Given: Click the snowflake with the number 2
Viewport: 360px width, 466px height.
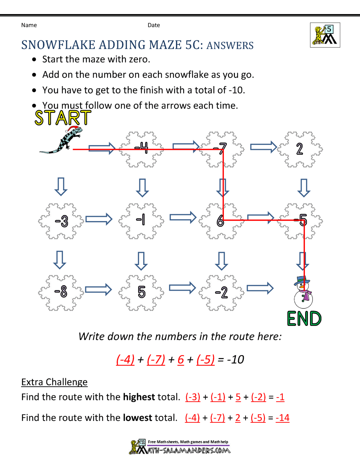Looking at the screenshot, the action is pos(300,149).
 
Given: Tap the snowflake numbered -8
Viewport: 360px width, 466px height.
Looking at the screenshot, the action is pos(61,292).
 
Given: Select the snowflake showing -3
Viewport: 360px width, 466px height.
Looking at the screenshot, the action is pos(61,221).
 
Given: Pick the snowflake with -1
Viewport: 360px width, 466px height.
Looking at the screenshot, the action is pos(141,220).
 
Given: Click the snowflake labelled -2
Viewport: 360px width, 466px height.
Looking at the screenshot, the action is pos(221,292).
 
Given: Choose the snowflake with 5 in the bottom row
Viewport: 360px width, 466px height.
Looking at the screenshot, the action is pos(141,292).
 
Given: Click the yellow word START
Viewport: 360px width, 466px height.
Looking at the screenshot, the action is pos(63,118).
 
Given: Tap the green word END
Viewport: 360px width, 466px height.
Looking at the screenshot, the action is pos(304,319).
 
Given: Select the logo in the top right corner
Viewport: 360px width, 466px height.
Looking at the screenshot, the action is pos(325,35).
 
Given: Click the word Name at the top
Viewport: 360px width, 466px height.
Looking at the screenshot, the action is pos(29,25).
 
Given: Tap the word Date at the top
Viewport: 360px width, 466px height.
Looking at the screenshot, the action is pos(154,25).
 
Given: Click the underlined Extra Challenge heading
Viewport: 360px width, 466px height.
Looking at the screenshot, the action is pos(54,382).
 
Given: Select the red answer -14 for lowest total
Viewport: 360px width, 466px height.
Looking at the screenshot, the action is pos(283,418).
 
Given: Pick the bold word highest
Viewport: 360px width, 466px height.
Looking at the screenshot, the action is pos(139,397).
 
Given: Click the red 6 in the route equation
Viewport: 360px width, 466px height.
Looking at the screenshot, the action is pos(181,359).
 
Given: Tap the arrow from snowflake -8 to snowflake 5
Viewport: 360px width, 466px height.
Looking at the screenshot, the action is pos(98,290).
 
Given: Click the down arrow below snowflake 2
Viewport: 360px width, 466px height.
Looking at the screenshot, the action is pos(304,188).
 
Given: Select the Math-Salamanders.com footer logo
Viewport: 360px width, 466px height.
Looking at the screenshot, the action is pos(180,447).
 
